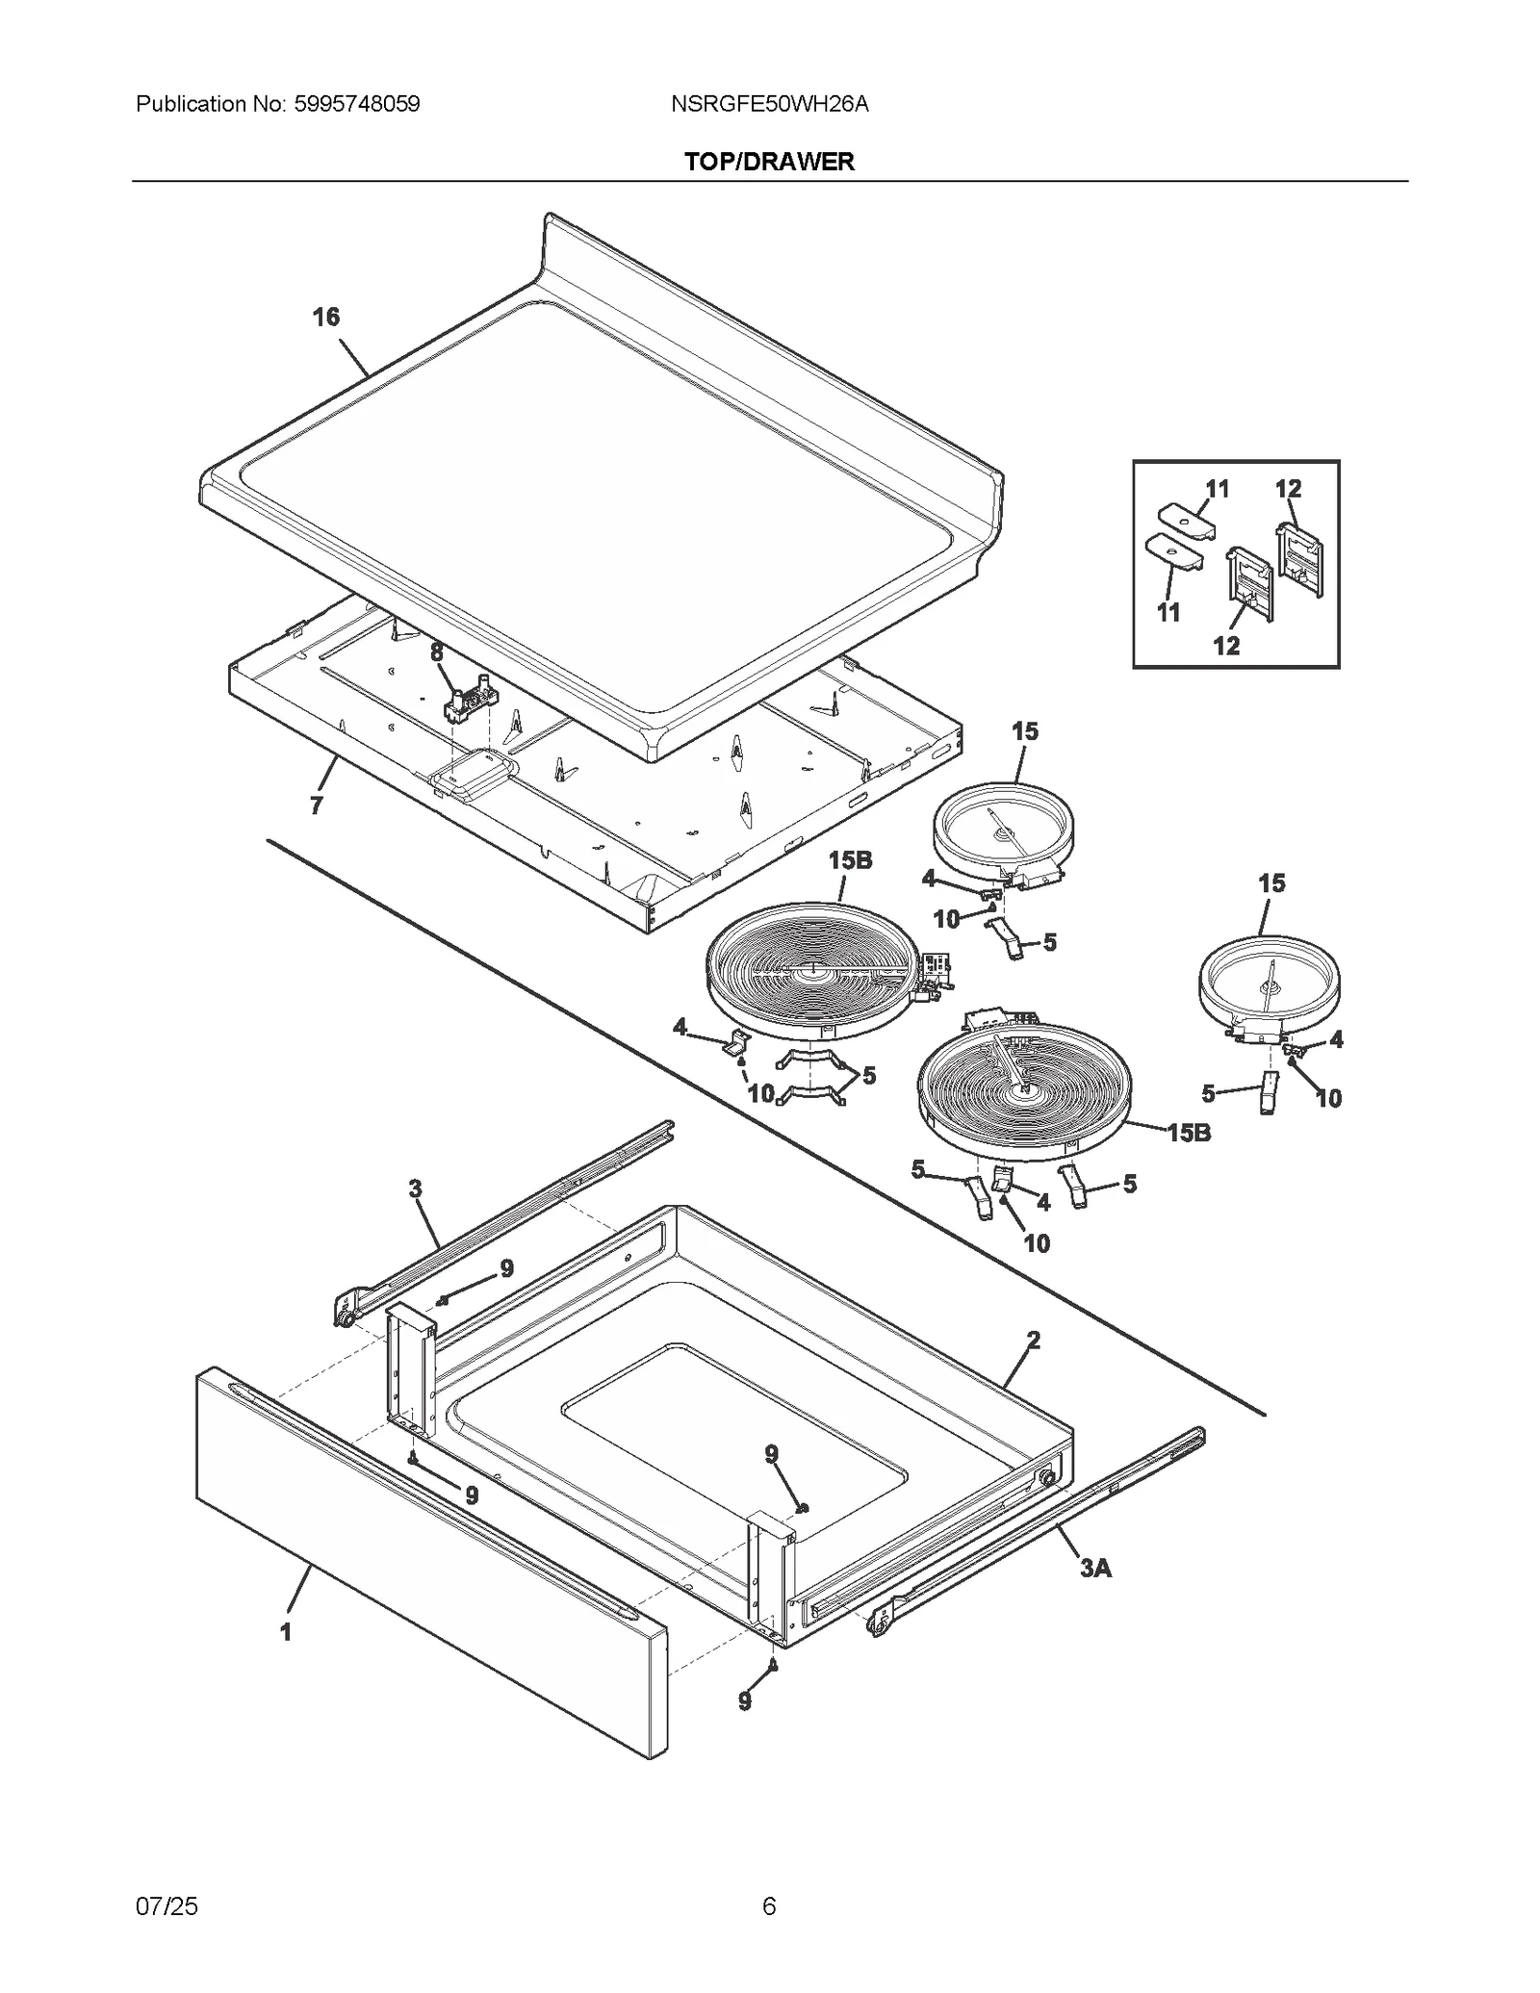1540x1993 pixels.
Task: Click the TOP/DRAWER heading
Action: (x=769, y=161)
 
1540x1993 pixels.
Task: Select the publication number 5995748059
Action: (x=353, y=104)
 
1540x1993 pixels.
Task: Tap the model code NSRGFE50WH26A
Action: (x=769, y=104)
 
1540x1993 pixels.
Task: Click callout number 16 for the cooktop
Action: (x=326, y=317)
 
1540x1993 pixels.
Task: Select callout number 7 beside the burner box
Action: (x=317, y=805)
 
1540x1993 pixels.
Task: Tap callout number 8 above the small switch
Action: (x=437, y=652)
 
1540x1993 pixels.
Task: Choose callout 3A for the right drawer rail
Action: (x=1095, y=1568)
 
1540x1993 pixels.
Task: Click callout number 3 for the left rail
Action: (x=415, y=1188)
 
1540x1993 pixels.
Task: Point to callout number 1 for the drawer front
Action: (x=285, y=1631)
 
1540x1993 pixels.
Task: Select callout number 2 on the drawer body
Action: (x=1033, y=1340)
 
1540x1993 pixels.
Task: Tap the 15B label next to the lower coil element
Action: (x=1189, y=1133)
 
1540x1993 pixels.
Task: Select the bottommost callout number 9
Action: (x=745, y=1701)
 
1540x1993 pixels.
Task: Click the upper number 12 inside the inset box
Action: (x=1288, y=489)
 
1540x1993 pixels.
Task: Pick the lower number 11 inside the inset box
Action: (x=1168, y=612)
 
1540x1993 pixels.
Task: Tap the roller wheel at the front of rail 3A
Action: (x=878, y=1625)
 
